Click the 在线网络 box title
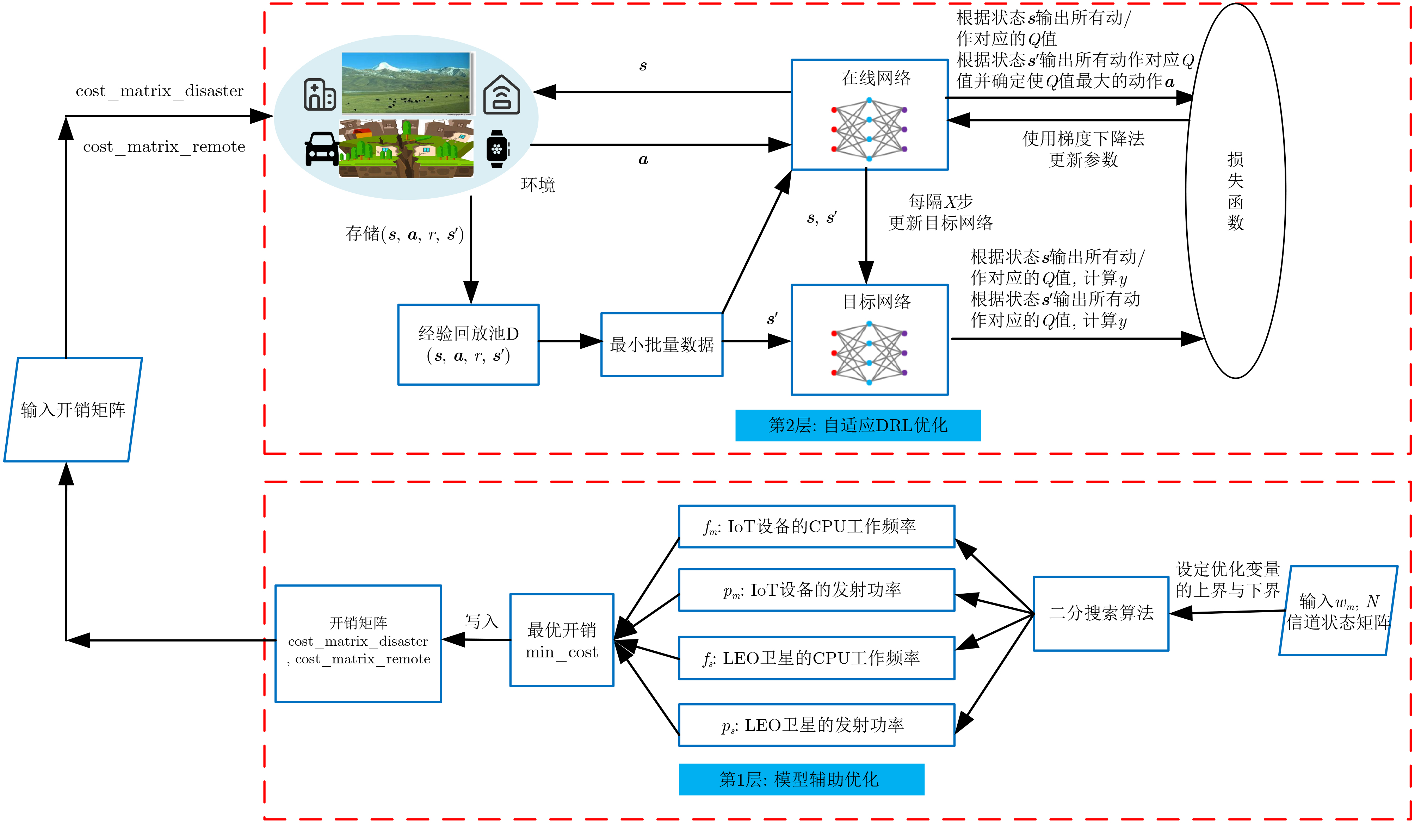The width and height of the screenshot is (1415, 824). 876,78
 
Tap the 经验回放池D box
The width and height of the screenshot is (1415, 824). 468,345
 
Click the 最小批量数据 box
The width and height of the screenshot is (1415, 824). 661,345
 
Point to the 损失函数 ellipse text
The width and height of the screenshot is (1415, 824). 1235,191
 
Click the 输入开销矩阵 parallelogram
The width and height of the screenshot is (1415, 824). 73,410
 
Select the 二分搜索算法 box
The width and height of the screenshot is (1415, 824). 1101,613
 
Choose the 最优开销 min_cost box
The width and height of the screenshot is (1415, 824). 562,640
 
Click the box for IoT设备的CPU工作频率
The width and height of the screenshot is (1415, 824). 816,527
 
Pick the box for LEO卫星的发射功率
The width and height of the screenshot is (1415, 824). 816,725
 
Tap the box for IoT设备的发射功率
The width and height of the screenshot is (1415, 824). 816,590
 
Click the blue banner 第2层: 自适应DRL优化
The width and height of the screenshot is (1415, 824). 858,426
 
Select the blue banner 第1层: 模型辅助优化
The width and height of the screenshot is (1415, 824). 801,779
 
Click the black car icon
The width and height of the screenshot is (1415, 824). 321,149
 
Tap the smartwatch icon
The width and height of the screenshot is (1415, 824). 497,149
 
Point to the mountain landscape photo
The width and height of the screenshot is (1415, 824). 406,83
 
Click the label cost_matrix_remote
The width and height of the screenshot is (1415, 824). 164,147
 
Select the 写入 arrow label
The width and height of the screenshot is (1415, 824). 481,621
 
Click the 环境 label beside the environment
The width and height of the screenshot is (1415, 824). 537,185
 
